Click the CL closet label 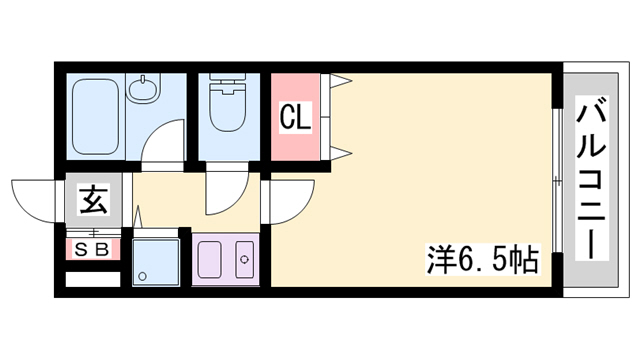tap(296, 117)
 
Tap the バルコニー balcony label tap(591, 178)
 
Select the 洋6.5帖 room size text tap(483, 259)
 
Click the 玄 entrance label tap(94, 200)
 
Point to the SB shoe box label tap(93, 249)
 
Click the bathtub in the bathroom tap(96, 117)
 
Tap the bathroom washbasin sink tap(143, 89)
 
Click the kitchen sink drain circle tap(244, 259)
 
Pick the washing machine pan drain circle tap(142, 276)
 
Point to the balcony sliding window tap(557, 180)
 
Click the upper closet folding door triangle tap(341, 81)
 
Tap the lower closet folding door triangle tap(341, 153)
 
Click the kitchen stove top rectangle tap(209, 259)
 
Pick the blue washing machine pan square tap(156, 262)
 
